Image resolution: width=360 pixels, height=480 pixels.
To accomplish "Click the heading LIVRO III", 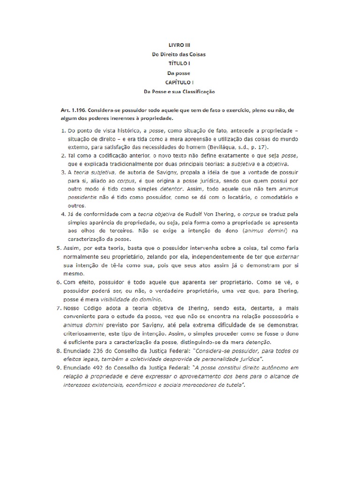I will [x=180, y=45].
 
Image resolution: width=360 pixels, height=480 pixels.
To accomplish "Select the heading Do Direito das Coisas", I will [x=180, y=54].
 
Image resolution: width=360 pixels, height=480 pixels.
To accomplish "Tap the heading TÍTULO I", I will [x=180, y=63].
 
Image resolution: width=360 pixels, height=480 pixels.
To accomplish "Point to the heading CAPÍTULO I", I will [x=180, y=82].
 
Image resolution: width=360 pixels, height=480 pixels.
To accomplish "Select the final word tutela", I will [x=235, y=385].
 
